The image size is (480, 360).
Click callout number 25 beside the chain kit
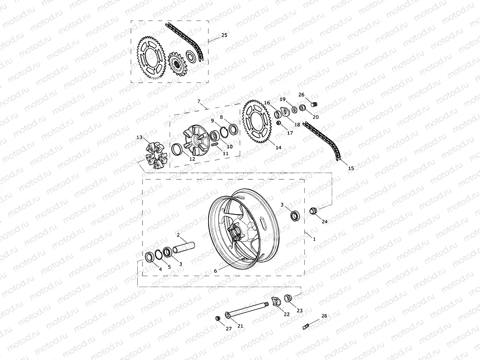point(224,35)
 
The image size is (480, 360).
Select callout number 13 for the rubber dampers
point(139,137)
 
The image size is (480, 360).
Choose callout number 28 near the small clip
point(324,315)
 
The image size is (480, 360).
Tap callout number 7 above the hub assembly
point(198,101)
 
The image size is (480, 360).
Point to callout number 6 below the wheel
point(216,271)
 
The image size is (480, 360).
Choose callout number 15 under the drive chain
point(351,168)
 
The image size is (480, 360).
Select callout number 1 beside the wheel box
point(314,239)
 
